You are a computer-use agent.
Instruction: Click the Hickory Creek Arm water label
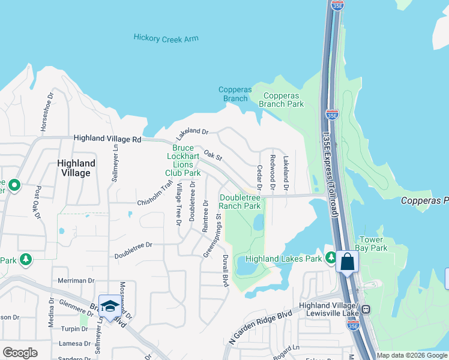165,39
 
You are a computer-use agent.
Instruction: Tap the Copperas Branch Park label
281,100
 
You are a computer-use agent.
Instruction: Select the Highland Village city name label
76,168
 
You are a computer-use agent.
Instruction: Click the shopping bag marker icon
348,262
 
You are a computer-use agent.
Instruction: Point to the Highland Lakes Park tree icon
331,258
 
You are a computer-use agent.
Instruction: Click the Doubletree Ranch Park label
240,202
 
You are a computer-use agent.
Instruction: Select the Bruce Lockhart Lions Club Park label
183,160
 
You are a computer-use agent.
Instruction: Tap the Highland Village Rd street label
107,139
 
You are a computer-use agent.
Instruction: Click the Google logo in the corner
20,353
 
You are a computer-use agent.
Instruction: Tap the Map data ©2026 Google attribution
412,355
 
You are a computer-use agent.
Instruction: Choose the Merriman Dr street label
76,280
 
